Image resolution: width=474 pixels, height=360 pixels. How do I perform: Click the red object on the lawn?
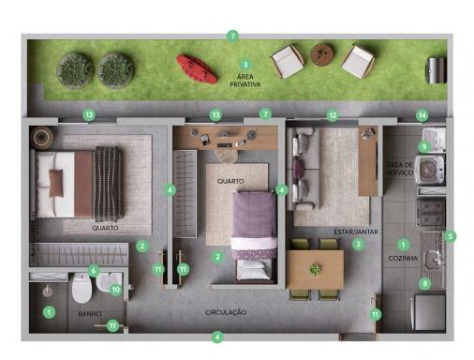(x=197, y=69)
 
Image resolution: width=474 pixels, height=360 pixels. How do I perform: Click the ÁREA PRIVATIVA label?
(x=245, y=81)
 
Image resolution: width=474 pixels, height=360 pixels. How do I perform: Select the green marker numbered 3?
(x=245, y=65)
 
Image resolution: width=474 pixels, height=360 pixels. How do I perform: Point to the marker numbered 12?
(x=333, y=115)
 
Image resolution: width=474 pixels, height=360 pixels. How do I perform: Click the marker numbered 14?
(x=422, y=115)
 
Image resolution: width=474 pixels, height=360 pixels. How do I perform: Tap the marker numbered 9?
(x=424, y=146)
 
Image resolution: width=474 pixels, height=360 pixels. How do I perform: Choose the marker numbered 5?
(x=450, y=236)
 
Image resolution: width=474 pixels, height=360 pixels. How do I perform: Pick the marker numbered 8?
(x=424, y=283)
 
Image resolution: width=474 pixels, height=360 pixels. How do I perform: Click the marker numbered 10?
(x=115, y=290)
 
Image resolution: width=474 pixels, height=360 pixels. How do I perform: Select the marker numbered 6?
(x=94, y=271)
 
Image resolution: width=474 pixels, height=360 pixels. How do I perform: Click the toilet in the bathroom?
(x=81, y=288)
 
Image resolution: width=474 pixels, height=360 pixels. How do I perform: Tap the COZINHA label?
(x=403, y=258)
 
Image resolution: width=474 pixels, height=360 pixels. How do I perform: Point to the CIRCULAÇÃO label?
(x=226, y=312)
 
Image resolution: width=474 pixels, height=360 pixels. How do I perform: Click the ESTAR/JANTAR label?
(x=356, y=232)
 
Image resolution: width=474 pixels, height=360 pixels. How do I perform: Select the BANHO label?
(x=90, y=313)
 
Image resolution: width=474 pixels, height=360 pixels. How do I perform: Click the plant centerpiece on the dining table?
(x=315, y=269)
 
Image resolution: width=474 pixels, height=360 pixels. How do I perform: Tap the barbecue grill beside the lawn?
(x=436, y=70)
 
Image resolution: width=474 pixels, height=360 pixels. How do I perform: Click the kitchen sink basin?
(x=434, y=258)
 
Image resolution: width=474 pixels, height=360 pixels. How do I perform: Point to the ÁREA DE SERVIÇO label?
(x=400, y=169)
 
